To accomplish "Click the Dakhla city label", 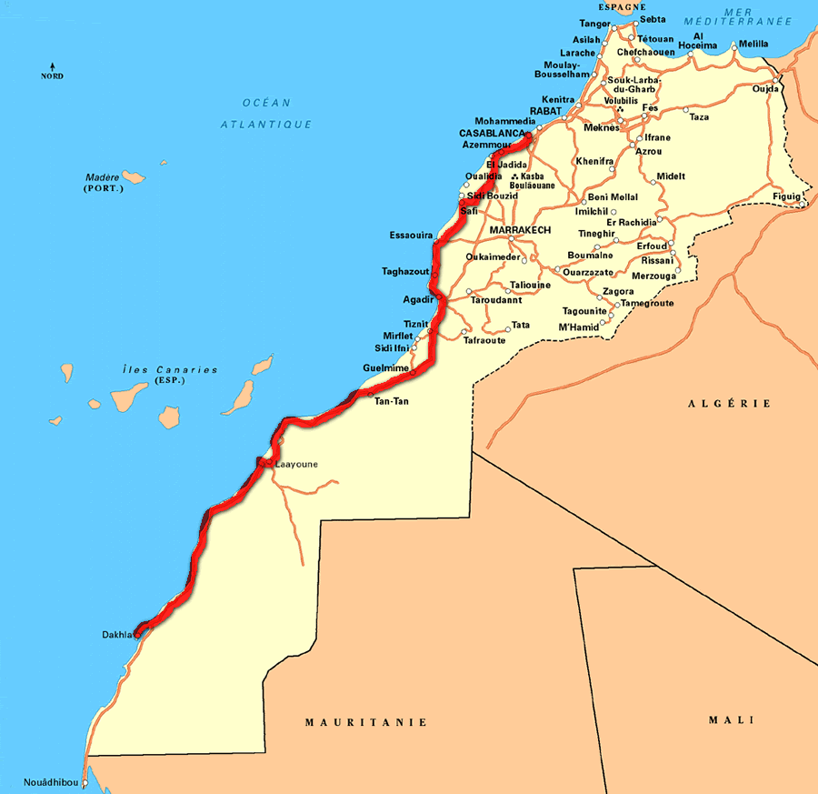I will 116,635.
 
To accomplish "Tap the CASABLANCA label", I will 491,133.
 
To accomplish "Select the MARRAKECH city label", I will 520,230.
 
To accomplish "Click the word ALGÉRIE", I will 729,403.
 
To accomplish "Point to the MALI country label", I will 732,720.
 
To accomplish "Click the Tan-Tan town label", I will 392,401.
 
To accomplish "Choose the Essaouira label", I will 411,235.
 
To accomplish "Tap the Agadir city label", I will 417,299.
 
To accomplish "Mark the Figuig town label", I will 787,196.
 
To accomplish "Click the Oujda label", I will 765,88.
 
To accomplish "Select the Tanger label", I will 594,24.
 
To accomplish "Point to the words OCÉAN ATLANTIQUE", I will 266,113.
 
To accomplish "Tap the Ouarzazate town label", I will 588,272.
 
